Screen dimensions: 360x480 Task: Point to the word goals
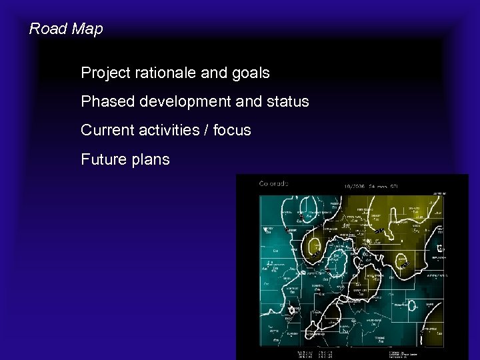coord(249,73)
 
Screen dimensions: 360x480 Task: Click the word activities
coord(167,131)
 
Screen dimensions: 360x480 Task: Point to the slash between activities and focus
coord(205,131)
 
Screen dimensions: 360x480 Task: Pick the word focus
coord(231,131)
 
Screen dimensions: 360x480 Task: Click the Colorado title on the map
coord(273,184)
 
